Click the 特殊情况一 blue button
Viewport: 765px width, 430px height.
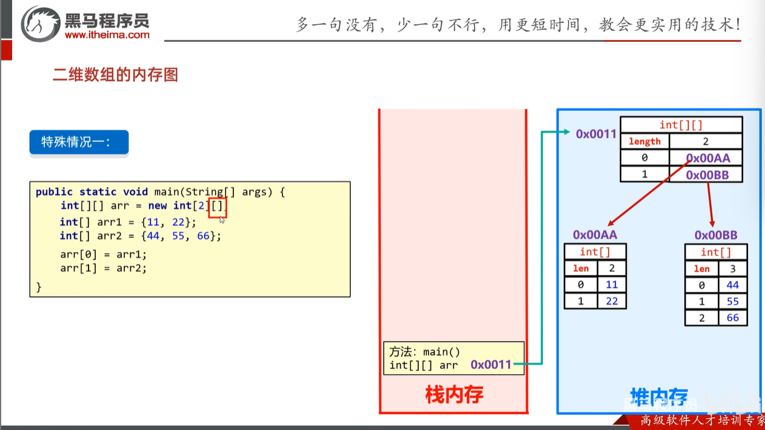click(79, 142)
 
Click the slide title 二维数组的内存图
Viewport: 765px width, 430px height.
click(115, 75)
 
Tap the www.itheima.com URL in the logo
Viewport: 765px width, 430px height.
click(107, 35)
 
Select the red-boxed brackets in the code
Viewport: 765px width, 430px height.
click(217, 207)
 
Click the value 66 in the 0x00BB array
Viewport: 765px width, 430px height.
click(732, 318)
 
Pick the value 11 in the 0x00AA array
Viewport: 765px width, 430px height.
click(611, 285)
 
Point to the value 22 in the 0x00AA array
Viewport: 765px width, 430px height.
click(611, 301)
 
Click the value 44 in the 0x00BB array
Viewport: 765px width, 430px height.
click(732, 285)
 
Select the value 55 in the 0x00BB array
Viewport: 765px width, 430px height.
click(732, 302)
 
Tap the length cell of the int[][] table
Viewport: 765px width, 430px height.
click(644, 142)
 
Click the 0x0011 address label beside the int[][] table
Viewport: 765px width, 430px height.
click(596, 134)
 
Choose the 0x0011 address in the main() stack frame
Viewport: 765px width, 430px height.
click(491, 365)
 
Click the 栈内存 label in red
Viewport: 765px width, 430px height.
click(454, 395)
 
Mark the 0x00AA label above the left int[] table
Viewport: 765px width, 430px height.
click(595, 234)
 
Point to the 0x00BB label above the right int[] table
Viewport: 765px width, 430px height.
click(716, 235)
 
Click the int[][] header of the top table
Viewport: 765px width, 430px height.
click(681, 125)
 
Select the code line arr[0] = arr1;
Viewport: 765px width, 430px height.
click(103, 254)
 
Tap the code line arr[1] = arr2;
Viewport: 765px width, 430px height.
click(103, 268)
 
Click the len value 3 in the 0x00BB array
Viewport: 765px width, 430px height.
click(732, 269)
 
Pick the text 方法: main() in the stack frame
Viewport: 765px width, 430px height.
click(425, 352)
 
